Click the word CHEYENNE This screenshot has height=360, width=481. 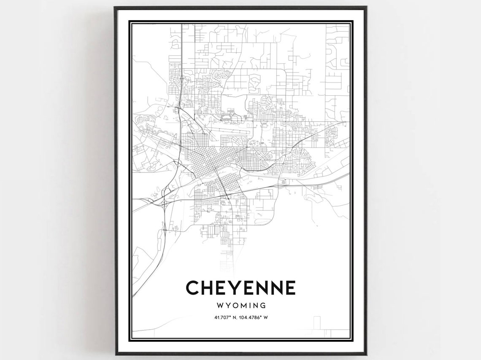(240, 288)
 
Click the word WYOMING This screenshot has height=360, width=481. (240, 305)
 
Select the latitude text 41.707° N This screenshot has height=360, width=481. (224, 317)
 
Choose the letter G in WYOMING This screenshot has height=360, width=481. (263, 305)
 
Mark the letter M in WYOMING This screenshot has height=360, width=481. (242, 305)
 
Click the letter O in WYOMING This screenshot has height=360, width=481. (233, 305)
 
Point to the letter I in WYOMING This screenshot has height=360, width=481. (249, 305)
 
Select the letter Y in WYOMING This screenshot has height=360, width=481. (226, 305)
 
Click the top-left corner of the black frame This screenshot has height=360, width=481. (115, 7)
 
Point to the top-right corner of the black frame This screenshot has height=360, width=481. (366, 7)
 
